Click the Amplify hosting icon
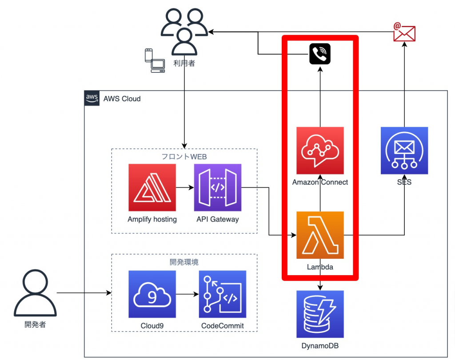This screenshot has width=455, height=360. click(x=152, y=187)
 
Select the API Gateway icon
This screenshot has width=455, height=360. click(x=218, y=187)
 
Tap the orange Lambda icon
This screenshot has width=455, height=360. click(x=320, y=235)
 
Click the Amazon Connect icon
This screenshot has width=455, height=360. click(x=320, y=150)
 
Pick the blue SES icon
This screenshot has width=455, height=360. click(x=404, y=150)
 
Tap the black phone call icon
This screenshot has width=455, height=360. click(x=320, y=54)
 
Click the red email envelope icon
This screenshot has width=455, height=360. click(x=404, y=32)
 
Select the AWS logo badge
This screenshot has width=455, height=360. click(x=92, y=98)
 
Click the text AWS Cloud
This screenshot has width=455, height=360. click(x=122, y=99)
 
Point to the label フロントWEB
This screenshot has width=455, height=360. click(x=184, y=156)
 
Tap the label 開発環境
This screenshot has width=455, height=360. click(x=184, y=261)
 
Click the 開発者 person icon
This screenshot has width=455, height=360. click(x=35, y=293)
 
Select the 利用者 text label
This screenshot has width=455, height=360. click(x=184, y=63)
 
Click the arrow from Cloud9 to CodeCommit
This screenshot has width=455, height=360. click(x=187, y=294)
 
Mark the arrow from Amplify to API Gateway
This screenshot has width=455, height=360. click(x=185, y=187)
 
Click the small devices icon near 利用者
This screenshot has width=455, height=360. click(x=154, y=61)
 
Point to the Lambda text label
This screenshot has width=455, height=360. click(x=320, y=267)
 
